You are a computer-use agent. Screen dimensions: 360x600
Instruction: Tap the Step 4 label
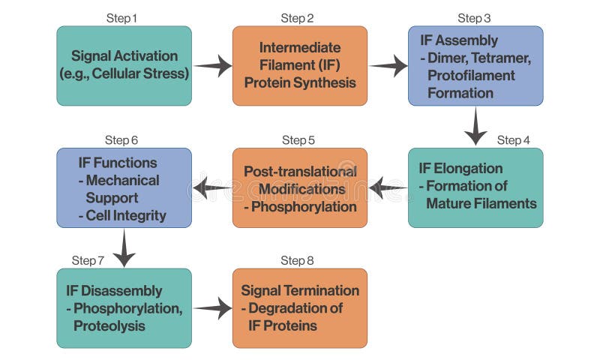tap(513, 140)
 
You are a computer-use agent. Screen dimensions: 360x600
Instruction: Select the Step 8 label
tap(297, 260)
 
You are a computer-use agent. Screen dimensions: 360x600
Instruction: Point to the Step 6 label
tap(121, 140)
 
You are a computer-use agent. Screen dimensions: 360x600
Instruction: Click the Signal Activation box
tap(124, 65)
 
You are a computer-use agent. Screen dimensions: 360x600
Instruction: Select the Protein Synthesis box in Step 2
tap(299, 65)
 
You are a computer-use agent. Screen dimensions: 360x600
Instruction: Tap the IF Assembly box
tap(475, 65)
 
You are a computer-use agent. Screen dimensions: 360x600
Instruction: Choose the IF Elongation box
tap(475, 187)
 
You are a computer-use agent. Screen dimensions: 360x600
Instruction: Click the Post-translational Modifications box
tap(299, 187)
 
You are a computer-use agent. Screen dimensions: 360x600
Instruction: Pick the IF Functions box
tap(124, 187)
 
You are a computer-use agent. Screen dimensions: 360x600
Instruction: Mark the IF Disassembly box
tap(124, 308)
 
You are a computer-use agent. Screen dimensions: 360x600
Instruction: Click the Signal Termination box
tap(299, 308)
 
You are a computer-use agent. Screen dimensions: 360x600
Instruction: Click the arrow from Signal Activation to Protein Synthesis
tap(213, 66)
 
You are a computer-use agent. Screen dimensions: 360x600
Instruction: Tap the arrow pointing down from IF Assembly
tap(475, 126)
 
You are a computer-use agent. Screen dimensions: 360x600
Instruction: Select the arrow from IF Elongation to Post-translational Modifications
tap(388, 188)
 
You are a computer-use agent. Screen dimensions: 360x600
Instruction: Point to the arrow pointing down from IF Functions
tap(124, 248)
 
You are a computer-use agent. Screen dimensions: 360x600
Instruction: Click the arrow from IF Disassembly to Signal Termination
tap(213, 307)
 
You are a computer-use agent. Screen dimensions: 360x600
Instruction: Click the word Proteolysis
tap(109, 326)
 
